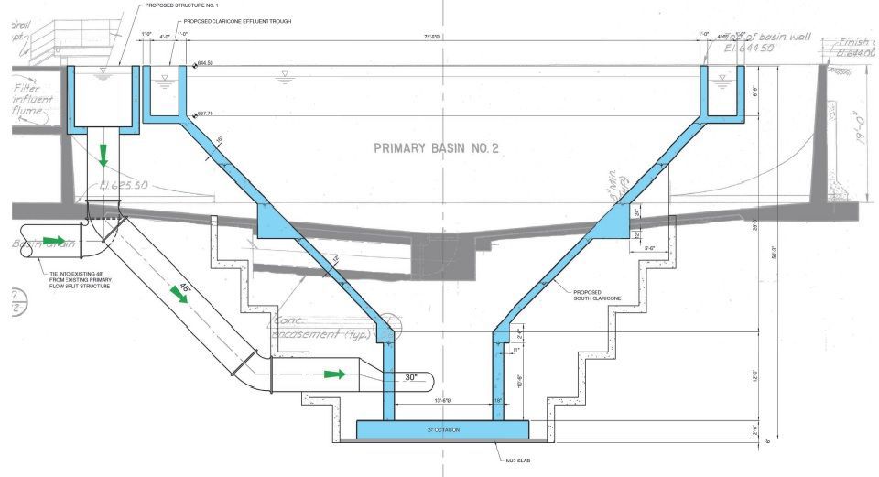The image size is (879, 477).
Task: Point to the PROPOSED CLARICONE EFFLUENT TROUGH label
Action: coord(237,20)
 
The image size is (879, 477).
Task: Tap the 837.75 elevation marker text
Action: coord(206,114)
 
